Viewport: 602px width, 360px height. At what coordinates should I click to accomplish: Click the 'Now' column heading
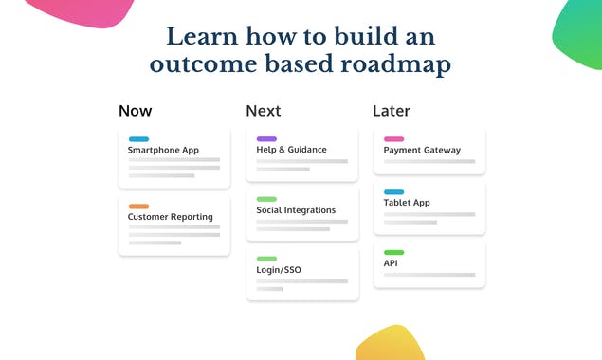[135, 111]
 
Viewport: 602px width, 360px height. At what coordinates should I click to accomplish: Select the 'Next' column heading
[263, 111]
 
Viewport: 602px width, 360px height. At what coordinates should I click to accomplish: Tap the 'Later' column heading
[391, 111]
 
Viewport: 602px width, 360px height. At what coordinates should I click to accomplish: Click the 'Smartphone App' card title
[163, 150]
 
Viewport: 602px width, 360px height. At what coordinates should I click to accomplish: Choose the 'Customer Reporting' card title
[170, 217]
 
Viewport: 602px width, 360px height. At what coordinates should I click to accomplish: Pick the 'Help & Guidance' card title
[291, 150]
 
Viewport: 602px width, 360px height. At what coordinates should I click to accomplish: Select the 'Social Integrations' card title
[296, 210]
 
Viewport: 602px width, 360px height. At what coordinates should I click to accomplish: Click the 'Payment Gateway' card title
[422, 150]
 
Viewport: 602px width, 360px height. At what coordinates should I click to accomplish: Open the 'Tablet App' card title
[407, 203]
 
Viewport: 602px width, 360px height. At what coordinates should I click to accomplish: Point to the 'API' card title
[391, 263]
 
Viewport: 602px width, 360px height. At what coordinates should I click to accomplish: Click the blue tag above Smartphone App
[138, 139]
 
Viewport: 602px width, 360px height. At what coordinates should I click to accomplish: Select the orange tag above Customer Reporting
[138, 207]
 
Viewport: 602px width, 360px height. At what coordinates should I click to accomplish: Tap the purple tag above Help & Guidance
[266, 139]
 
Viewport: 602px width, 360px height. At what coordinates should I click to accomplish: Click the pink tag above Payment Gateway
[393, 139]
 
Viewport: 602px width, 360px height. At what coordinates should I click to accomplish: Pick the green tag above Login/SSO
[266, 259]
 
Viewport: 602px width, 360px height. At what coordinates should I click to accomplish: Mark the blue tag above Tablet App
[393, 192]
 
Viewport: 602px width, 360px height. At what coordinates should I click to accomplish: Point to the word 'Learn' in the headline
[202, 36]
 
